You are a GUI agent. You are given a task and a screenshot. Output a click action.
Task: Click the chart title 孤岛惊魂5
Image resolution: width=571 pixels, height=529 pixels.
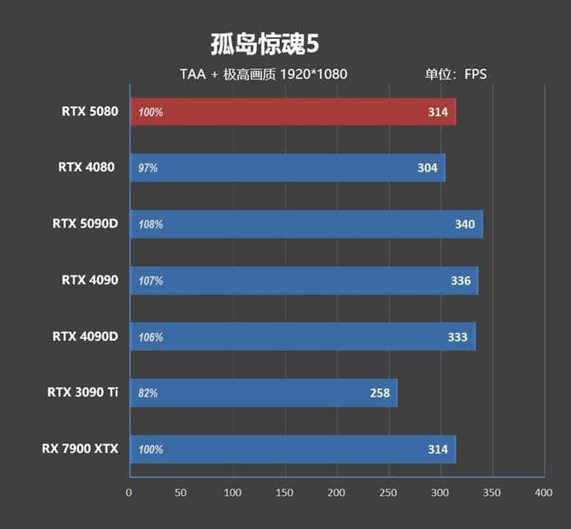point(259,44)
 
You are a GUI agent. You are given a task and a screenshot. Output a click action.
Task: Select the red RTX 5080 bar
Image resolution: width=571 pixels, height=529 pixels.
point(292,112)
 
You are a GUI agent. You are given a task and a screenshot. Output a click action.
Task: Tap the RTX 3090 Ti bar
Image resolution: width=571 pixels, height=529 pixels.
point(263,393)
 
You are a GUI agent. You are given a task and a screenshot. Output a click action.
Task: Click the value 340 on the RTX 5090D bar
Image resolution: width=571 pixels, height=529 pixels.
point(465,225)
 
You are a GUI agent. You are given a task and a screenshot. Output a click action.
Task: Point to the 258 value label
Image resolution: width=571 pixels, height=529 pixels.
point(380,393)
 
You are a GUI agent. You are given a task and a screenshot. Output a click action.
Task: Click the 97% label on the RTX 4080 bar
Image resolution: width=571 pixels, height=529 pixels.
point(148,168)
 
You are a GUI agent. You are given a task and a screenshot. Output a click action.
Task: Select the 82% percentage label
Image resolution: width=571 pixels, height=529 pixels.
point(148,393)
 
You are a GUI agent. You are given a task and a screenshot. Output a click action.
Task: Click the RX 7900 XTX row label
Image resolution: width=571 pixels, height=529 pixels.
point(80,449)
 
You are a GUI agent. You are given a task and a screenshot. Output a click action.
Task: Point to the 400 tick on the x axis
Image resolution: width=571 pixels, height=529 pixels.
point(543,493)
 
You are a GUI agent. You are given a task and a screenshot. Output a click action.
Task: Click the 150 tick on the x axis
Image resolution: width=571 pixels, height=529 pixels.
point(285,493)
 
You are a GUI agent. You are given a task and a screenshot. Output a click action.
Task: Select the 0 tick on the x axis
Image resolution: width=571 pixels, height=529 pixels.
point(129,493)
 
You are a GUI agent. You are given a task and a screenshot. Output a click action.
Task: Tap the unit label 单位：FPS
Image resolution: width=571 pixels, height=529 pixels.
point(455,74)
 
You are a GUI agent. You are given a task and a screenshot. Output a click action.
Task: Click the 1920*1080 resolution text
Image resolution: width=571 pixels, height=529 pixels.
point(313,74)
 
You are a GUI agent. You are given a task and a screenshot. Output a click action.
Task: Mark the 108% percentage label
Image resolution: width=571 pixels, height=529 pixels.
point(151,225)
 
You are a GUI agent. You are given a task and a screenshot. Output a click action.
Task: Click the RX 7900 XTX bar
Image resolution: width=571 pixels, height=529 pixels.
point(292,449)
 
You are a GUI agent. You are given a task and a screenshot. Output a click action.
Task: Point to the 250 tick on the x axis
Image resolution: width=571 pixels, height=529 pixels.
point(388,493)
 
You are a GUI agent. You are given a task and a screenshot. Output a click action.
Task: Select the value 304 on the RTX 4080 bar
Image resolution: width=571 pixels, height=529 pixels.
point(427,168)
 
